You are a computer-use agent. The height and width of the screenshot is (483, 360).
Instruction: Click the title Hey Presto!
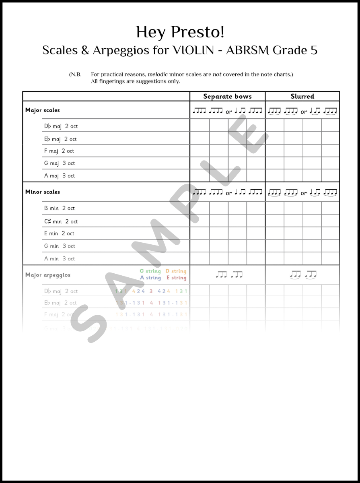pyautogui.click(x=180, y=32)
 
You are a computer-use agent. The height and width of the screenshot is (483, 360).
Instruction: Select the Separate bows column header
pyautogui.click(x=227, y=96)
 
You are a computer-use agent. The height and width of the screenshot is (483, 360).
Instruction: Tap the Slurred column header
pyautogui.click(x=302, y=96)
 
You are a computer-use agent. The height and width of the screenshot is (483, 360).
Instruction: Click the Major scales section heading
pyautogui.click(x=42, y=110)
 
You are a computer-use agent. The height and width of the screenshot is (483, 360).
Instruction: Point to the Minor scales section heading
pyautogui.click(x=42, y=192)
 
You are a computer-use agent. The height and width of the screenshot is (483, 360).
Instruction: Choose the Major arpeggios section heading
pyautogui.click(x=47, y=275)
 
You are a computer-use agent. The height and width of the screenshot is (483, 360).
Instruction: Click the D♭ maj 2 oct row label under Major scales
pyautogui.click(x=61, y=126)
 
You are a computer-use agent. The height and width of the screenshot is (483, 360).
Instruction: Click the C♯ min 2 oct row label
pyautogui.click(x=61, y=221)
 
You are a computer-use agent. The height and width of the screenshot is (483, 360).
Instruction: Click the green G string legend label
pyautogui.click(x=150, y=271)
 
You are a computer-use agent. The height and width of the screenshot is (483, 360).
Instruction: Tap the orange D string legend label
pyautogui.click(x=176, y=271)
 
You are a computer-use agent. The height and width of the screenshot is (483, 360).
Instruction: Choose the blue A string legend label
pyautogui.click(x=150, y=278)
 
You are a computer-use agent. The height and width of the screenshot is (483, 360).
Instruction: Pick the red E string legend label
pyautogui.click(x=176, y=278)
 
